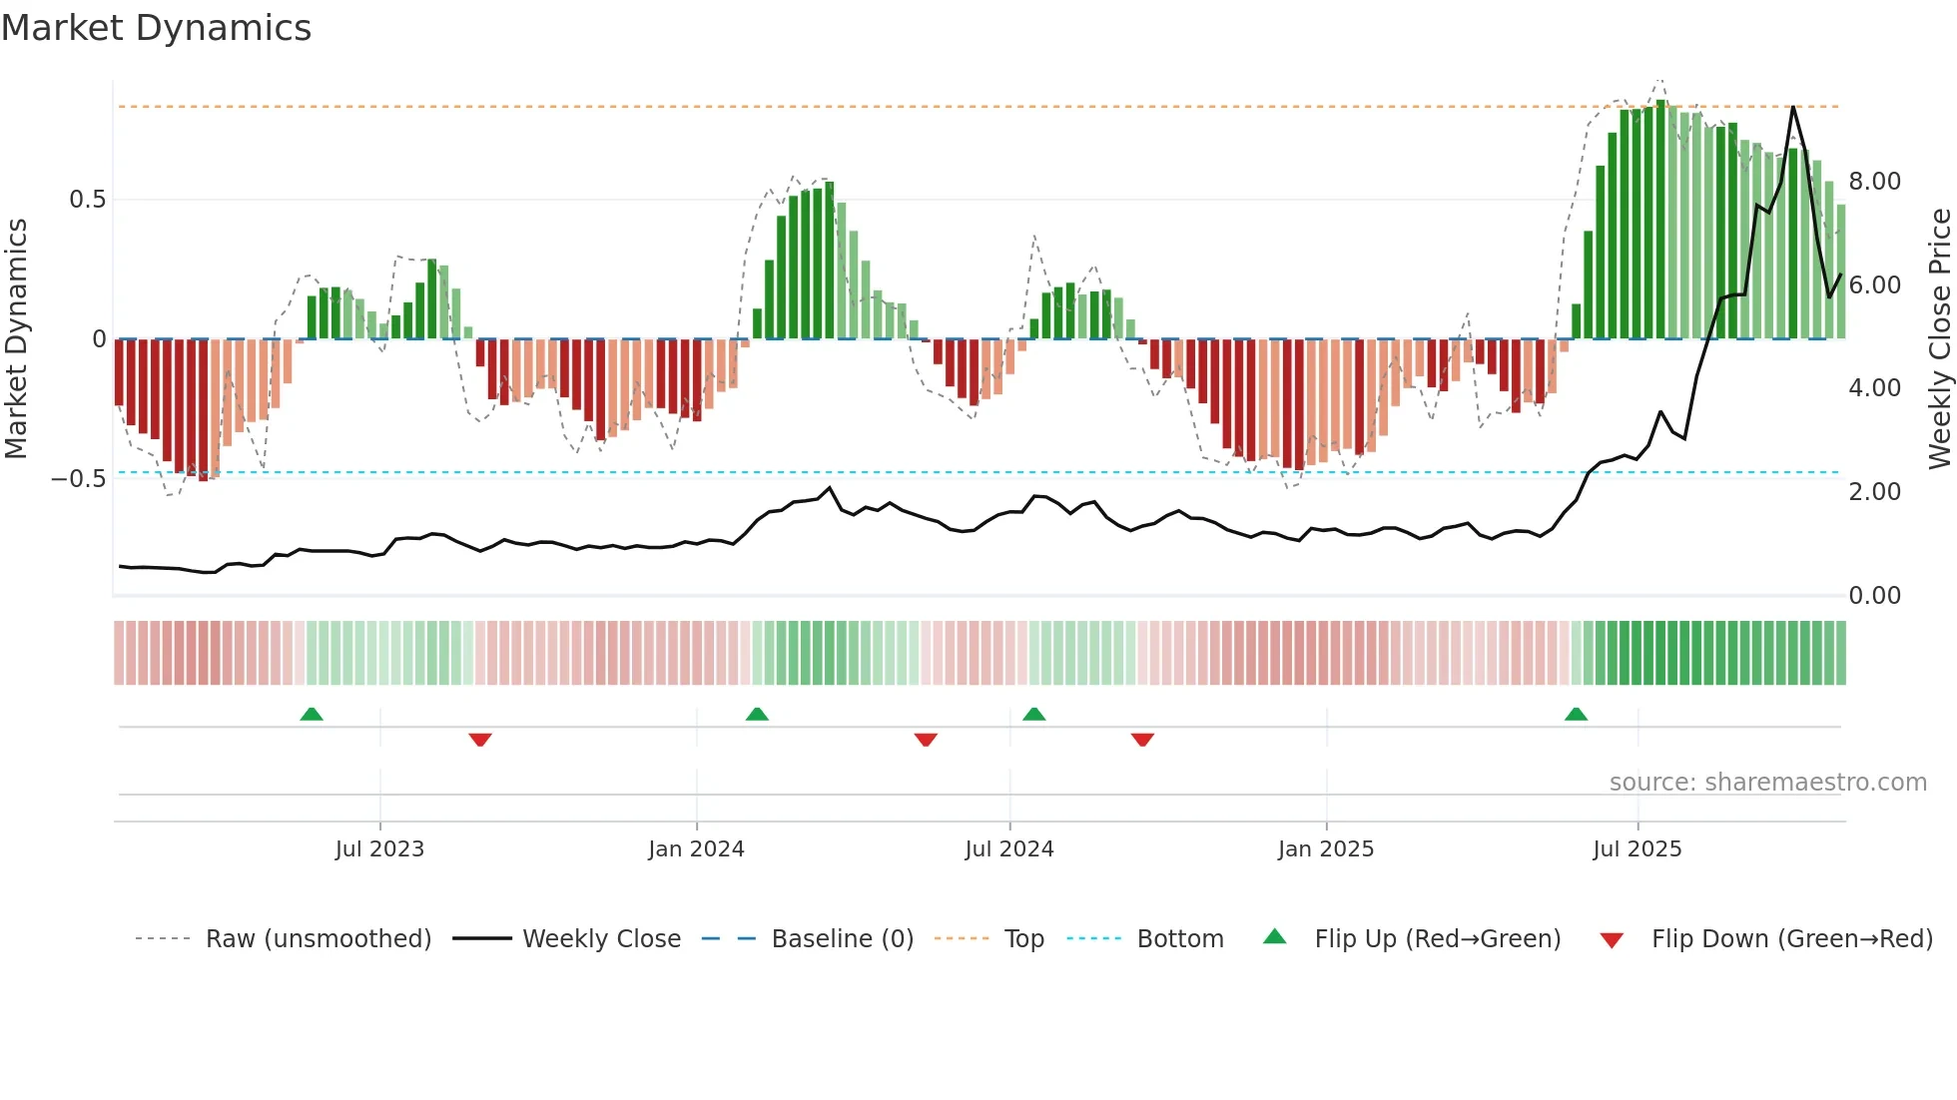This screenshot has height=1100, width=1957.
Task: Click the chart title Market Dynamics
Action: pyautogui.click(x=156, y=28)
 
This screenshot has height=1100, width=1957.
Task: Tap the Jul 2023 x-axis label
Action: pyautogui.click(x=379, y=849)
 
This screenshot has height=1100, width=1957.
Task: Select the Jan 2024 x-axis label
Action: pyautogui.click(x=696, y=849)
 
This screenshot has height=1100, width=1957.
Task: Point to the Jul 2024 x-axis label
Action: pyautogui.click(x=1008, y=849)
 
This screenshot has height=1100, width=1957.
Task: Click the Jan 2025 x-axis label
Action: pyautogui.click(x=1326, y=849)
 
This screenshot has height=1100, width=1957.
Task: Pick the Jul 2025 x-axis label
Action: pyautogui.click(x=1637, y=849)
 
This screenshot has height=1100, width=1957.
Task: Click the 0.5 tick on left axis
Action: pyautogui.click(x=87, y=200)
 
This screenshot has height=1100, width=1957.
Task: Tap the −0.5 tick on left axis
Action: pyautogui.click(x=79, y=479)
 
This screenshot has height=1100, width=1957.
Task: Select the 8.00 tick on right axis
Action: pyautogui.click(x=1874, y=182)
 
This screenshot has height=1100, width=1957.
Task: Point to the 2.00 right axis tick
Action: pyautogui.click(x=1874, y=492)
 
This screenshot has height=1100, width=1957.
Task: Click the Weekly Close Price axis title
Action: pyautogui.click(x=1939, y=339)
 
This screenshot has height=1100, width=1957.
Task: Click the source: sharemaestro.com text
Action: pyautogui.click(x=1767, y=783)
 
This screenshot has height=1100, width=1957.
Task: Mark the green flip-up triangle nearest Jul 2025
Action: pyautogui.click(x=1576, y=715)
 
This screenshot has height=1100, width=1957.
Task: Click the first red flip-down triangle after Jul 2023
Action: pyautogui.click(x=480, y=740)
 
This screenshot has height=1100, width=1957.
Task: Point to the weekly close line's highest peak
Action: pyautogui.click(x=1793, y=107)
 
